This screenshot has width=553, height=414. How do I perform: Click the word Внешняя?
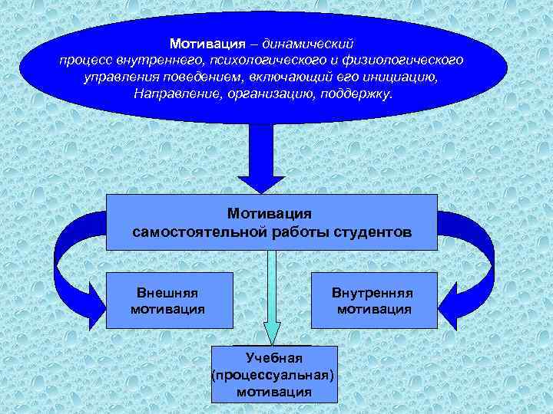[x=167, y=293]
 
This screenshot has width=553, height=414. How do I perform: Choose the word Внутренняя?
[x=373, y=293]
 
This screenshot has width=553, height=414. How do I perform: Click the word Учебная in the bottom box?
[x=274, y=358]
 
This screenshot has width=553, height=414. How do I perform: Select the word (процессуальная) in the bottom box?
[x=274, y=375]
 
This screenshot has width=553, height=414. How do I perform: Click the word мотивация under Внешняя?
[x=167, y=310]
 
